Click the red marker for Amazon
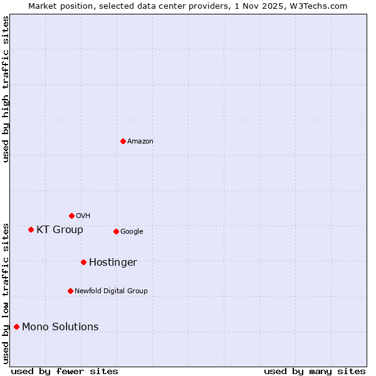123,141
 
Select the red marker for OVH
71,216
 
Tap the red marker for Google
116,231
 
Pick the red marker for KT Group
31,229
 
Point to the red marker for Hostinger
83,262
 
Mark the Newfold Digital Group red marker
70,291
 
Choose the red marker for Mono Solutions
16,326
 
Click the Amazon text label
140,142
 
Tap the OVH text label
83,216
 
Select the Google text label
132,232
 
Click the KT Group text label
60,230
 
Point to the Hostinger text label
113,263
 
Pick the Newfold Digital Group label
111,291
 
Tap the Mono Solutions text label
60,327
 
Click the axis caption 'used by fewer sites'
65,371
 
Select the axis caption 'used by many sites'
315,371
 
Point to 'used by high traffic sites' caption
6,89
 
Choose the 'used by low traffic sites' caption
6,293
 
